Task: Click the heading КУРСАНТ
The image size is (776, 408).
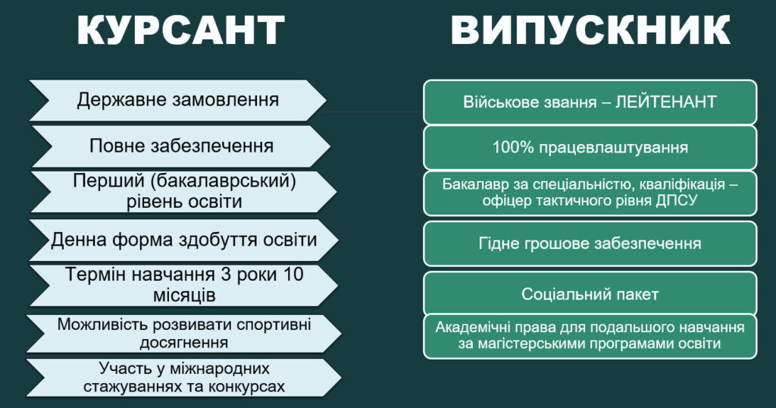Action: click(180, 30)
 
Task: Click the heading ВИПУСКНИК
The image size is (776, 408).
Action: click(590, 30)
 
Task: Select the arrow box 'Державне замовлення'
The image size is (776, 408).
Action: click(177, 101)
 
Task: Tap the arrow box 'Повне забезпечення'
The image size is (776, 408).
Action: click(180, 146)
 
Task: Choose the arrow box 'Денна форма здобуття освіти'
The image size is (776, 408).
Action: click(184, 240)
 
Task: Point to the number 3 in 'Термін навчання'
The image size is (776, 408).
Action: click(226, 275)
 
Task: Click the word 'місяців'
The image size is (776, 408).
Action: click(184, 295)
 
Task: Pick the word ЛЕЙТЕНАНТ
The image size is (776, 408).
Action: click(666, 102)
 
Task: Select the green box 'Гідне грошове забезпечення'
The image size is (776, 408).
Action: click(590, 243)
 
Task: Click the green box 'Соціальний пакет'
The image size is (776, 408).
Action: click(590, 293)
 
